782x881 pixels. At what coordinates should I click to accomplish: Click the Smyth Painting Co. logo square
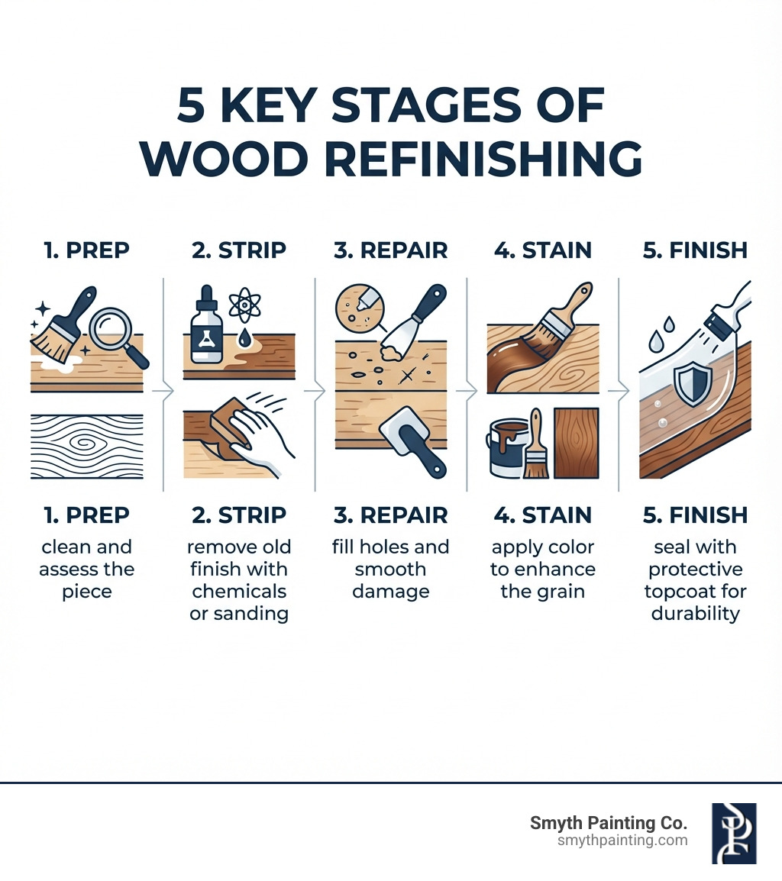click(734, 833)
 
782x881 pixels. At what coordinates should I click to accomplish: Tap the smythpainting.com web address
click(622, 841)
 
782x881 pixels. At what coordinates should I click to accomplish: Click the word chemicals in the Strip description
click(239, 592)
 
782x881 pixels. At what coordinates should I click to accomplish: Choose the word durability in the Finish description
click(695, 613)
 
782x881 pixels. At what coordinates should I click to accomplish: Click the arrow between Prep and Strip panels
click(164, 391)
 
